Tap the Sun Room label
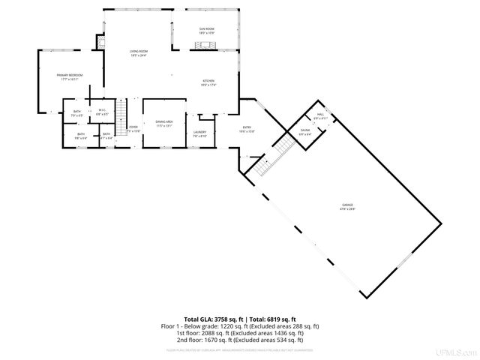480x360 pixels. point(206,31)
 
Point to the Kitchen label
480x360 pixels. point(208,82)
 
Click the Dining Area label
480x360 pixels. point(164,123)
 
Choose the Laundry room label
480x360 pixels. point(199,133)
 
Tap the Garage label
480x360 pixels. point(348,207)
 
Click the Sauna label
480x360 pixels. point(305,132)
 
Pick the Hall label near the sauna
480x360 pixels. point(320,116)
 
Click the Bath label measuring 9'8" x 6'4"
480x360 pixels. point(80,137)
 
